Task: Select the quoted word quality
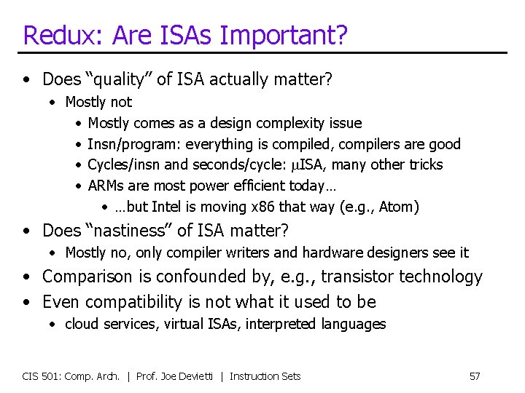120,79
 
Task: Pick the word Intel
169,207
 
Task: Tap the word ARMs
106,186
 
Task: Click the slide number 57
475,376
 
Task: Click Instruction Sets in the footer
265,376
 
